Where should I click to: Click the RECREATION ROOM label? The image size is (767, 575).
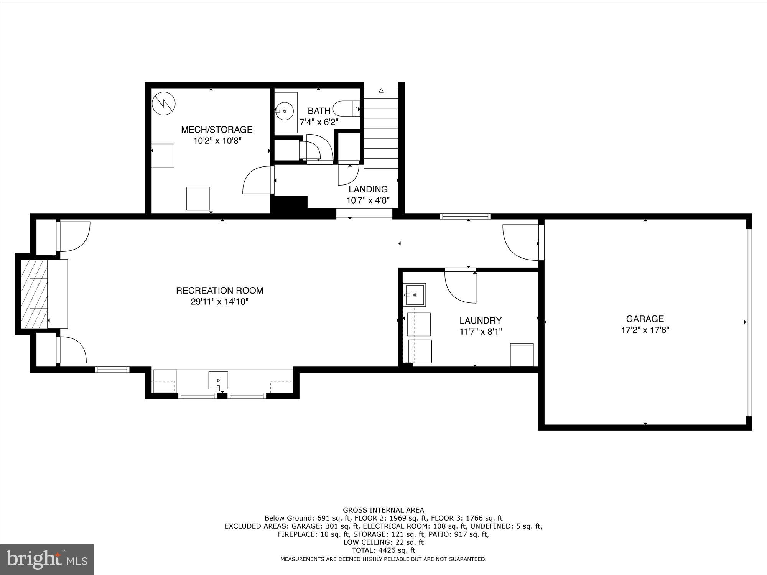point(219,291)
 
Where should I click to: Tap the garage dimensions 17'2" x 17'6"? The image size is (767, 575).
point(645,330)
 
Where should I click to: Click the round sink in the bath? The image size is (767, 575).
point(285,111)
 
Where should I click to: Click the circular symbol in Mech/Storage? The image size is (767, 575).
point(164,103)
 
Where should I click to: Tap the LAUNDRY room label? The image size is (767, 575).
point(481,320)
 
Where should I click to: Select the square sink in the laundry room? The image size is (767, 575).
point(414,295)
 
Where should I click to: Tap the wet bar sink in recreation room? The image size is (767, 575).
point(218,380)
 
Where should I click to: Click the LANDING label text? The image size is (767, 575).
point(368,189)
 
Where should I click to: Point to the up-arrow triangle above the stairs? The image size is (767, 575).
point(381,91)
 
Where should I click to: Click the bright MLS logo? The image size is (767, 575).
point(47,559)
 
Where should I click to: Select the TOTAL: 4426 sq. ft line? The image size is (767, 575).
point(383,550)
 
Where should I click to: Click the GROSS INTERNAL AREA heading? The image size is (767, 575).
point(383,510)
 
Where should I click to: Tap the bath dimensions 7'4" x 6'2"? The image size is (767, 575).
point(319,122)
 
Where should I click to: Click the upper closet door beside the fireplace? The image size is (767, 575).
point(74,237)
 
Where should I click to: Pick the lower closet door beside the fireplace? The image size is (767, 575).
point(72,350)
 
